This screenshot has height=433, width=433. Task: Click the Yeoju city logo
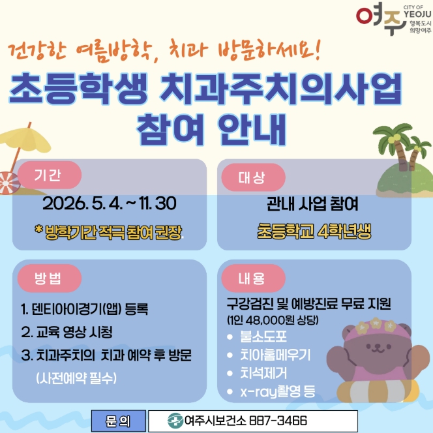coord(393,18)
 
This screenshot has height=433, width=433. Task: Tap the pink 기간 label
coord(50,175)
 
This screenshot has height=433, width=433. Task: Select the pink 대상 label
coord(253,177)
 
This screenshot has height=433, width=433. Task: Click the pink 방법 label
coord(50,278)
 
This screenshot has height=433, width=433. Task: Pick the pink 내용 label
coord(253,278)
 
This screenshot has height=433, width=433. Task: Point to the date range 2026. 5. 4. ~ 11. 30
coord(110,203)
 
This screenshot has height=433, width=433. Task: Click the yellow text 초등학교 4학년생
coord(314,231)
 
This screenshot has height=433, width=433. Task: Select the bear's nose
coord(378,346)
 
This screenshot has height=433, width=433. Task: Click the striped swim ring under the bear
coord(378,391)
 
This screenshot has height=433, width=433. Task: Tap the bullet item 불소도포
coord(263,336)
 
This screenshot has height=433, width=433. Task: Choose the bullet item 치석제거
coord(263,373)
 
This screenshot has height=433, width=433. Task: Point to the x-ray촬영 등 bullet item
coord(278,391)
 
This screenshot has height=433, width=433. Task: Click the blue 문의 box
coord(119,421)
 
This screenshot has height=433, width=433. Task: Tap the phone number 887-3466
coord(278,421)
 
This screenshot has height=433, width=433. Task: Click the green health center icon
coord(175,421)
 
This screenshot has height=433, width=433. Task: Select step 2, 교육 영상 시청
coord(67,332)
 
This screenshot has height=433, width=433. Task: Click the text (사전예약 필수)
coord(76,378)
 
